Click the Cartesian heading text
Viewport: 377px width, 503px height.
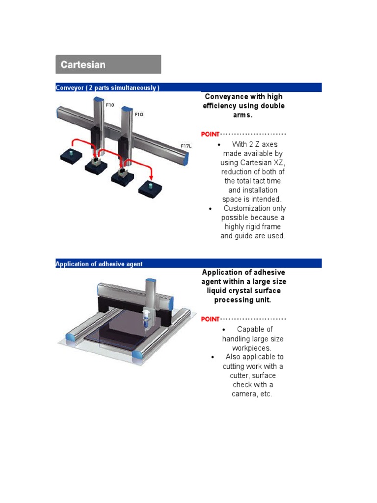[x=83, y=64]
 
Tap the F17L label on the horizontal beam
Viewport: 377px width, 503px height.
[x=186, y=146]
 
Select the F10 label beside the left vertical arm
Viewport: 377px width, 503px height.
[x=109, y=105]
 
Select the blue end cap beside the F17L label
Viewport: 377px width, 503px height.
[x=187, y=158]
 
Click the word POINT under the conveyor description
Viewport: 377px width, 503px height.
[x=210, y=134]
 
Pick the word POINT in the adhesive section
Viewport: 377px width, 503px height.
[x=210, y=319]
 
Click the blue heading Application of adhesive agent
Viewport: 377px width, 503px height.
[x=99, y=264]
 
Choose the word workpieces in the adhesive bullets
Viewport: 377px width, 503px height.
[x=252, y=348]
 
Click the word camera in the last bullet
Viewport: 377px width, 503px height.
[x=243, y=394]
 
